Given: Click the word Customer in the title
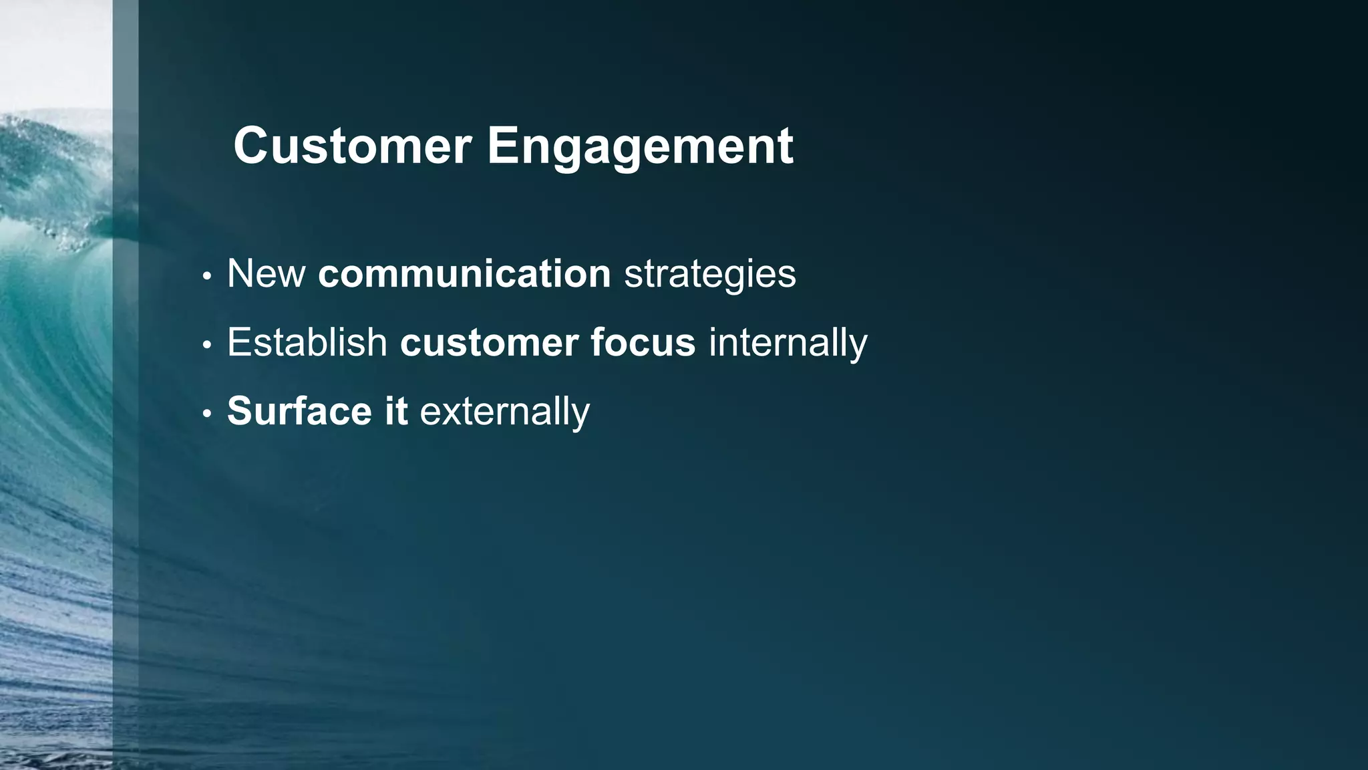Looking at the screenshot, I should click(352, 146).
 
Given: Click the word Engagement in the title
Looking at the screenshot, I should click(639, 146).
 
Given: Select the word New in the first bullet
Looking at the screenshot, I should click(266, 273).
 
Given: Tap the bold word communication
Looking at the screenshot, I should click(464, 273).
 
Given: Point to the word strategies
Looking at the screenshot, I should click(709, 275).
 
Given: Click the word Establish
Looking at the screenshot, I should click(307, 342).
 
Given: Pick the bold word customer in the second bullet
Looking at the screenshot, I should click(489, 343).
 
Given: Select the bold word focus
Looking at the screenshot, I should click(643, 342).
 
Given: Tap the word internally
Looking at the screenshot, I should click(788, 343).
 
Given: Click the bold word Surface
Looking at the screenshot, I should click(299, 410).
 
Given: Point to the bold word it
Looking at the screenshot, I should click(395, 410).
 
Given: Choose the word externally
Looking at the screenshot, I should click(504, 411).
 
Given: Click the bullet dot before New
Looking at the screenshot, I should click(207, 276).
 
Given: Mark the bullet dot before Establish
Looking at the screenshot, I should click(207, 345).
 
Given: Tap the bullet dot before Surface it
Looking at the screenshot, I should click(207, 414).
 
